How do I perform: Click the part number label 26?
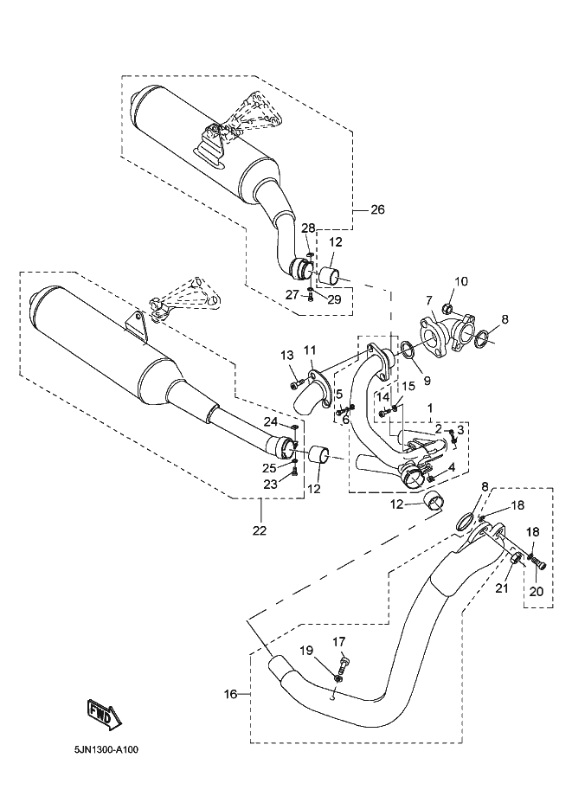point(377,209)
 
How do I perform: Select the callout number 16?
point(230,694)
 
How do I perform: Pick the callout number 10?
point(460,281)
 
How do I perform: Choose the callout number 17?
point(338,641)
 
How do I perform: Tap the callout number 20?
point(536,593)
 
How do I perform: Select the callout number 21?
point(500,589)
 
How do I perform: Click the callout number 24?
point(271,422)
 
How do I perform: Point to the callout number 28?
point(307,228)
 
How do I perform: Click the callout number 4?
point(452,468)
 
